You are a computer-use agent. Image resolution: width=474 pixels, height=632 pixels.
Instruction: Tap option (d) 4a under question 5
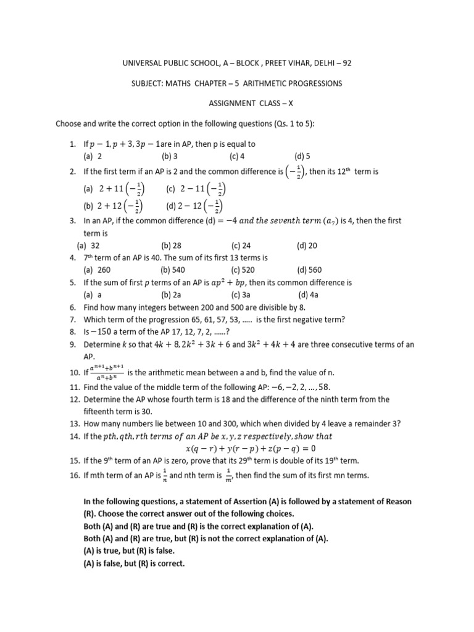[308, 294]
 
